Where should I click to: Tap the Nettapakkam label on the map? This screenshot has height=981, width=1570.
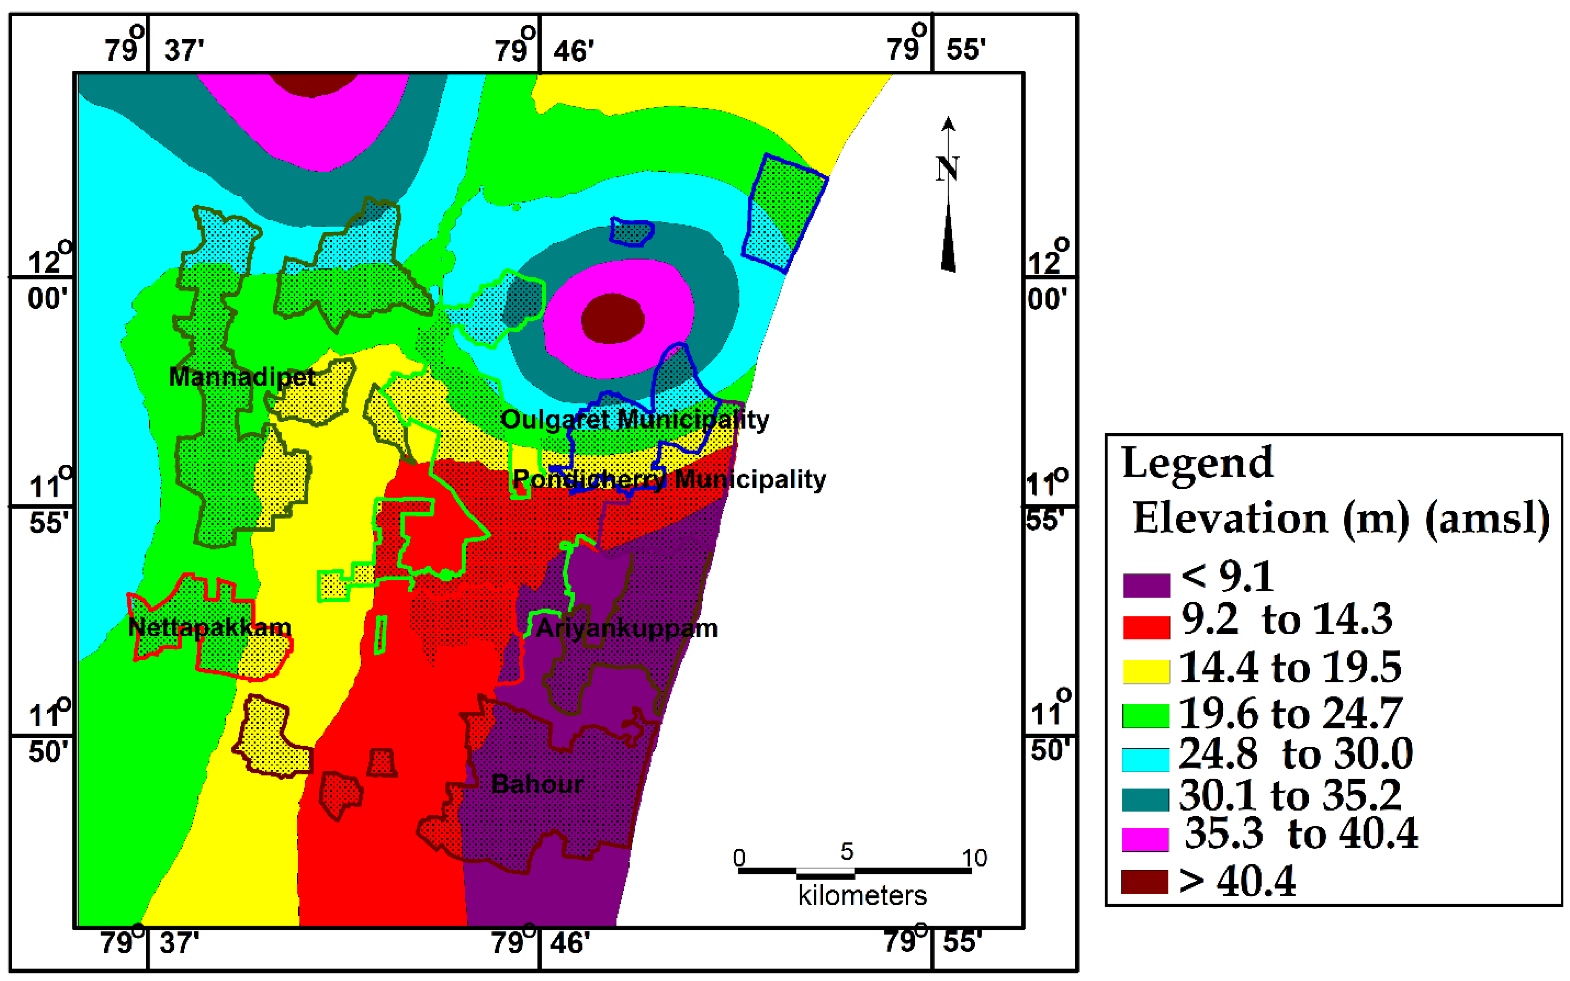(210, 627)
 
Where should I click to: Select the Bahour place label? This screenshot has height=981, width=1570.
(537, 784)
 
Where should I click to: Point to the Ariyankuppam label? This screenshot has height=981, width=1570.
(627, 628)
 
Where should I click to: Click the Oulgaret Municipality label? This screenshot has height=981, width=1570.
(634, 420)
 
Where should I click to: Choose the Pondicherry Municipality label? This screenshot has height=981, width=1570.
(669, 480)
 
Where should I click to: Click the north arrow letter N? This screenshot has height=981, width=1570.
(947, 170)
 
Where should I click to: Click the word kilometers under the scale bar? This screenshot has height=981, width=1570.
(862, 896)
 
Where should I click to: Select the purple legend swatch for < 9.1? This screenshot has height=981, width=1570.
(1147, 584)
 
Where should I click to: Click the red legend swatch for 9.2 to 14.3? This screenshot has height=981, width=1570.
(1147, 627)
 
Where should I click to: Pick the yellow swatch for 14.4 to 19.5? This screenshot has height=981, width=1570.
(1147, 671)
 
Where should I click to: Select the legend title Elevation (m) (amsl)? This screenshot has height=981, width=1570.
(1341, 518)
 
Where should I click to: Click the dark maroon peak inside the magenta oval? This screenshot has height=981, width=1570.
(612, 318)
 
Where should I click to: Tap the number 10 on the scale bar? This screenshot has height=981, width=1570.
(974, 858)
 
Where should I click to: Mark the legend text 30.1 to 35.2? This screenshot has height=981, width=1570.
(1290, 795)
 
